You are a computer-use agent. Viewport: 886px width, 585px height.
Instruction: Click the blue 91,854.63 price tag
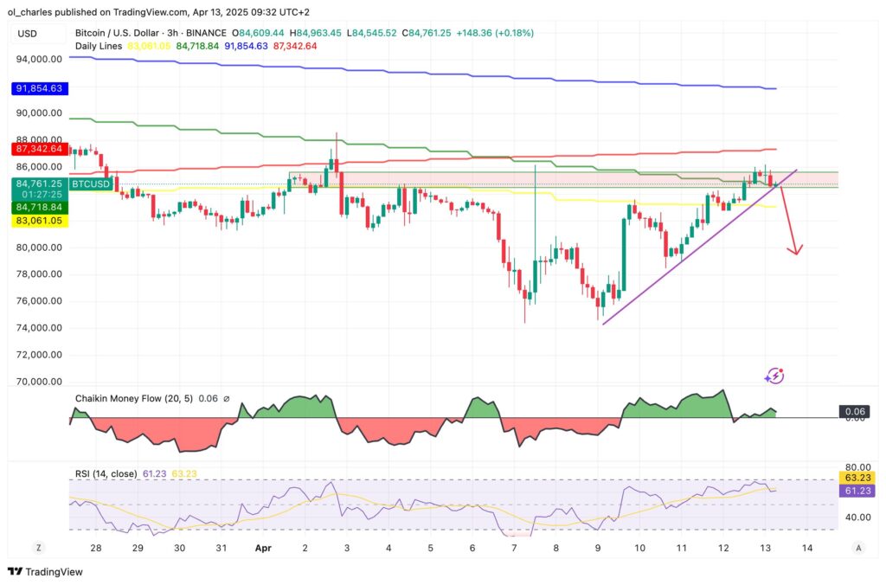[x=41, y=88]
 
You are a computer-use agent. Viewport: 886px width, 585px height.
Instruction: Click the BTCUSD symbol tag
[x=90, y=183]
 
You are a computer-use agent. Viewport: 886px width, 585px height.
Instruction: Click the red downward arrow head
[x=794, y=249]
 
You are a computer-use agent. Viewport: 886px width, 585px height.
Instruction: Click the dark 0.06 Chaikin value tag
[x=855, y=412]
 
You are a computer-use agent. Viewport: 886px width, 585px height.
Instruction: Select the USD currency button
[x=28, y=33]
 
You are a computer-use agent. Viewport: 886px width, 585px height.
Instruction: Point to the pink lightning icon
[x=775, y=376]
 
